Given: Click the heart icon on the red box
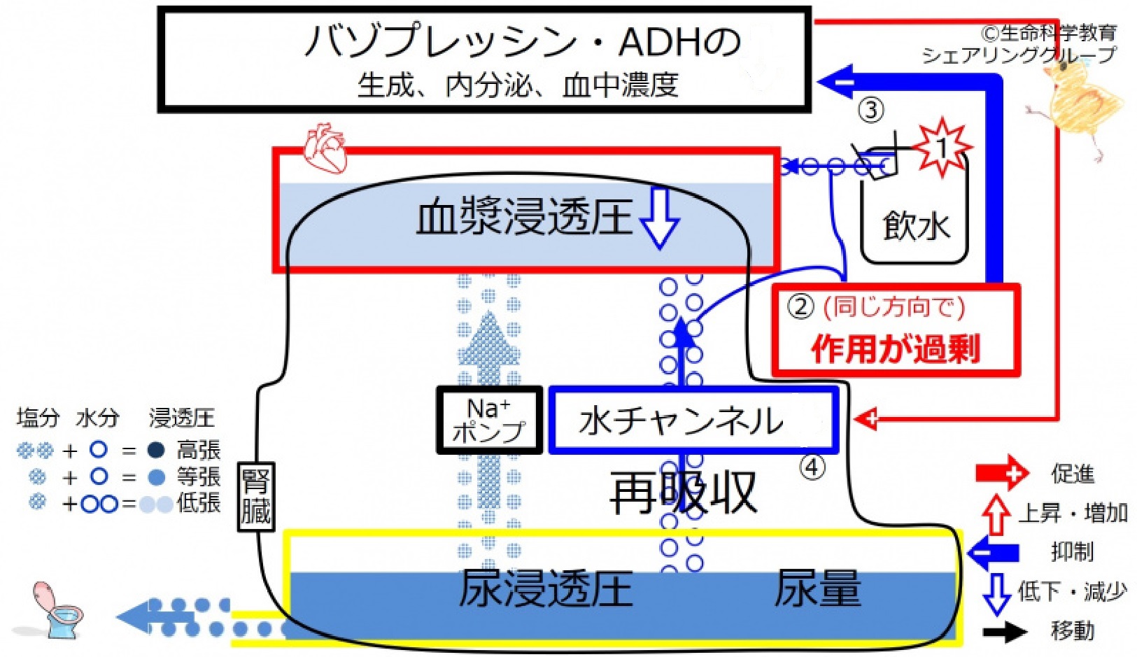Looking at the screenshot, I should [x=325, y=148].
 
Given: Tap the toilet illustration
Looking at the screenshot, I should [x=56, y=611].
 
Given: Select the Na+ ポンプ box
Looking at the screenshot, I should [x=489, y=420].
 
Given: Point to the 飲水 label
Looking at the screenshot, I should [x=915, y=226].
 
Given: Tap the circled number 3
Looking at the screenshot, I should [x=870, y=110].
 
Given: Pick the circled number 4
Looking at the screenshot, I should [x=812, y=467].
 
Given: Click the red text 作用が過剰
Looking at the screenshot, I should [x=896, y=348].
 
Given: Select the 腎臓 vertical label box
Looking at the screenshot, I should [x=255, y=497].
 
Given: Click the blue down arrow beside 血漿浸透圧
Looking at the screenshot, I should [x=659, y=218].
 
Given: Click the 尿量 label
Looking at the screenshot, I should [x=817, y=588].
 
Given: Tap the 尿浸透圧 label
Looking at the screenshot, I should [x=546, y=588].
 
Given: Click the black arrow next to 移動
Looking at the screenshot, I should [x=1005, y=632].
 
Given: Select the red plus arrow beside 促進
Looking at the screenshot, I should [x=1002, y=474].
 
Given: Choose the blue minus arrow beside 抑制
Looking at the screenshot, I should [x=994, y=553].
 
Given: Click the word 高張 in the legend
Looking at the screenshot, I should [x=198, y=450].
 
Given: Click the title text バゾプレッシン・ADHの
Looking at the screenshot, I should [x=521, y=42].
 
